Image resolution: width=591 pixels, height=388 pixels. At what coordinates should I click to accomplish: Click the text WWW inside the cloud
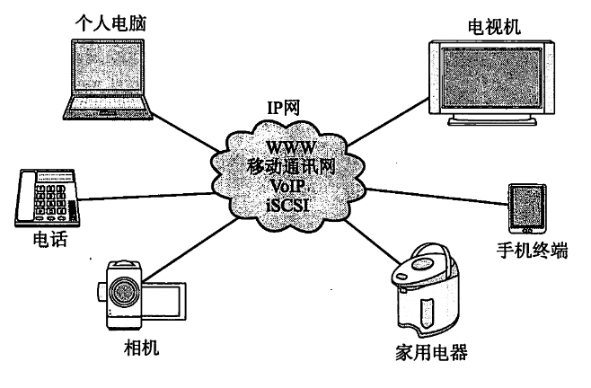coord(289,146)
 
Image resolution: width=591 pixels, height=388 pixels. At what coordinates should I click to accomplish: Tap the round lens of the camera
coord(124,292)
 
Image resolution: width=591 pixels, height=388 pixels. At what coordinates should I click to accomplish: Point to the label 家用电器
coord(430,350)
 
